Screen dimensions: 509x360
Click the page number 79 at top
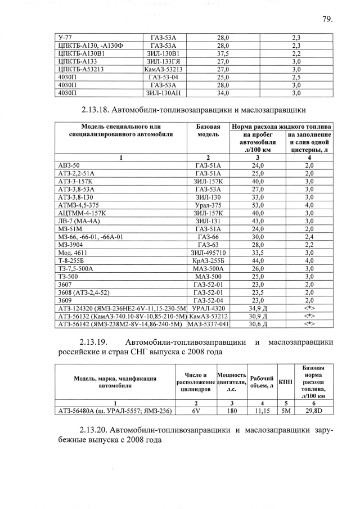pos(328,19)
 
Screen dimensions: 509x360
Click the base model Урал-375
pos(208,205)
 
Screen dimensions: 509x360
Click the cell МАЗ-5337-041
pos(209,324)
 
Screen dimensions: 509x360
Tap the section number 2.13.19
pos(98,342)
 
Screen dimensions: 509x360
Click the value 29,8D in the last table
pos(319,411)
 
